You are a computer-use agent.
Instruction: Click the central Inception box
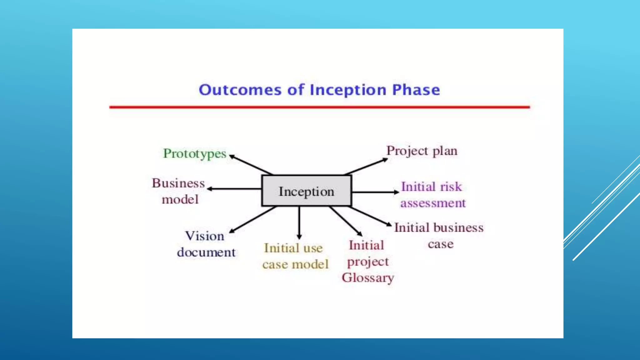pos(307,191)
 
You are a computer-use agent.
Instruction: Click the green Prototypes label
pos(195,153)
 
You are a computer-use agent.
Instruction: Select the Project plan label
pos(422,151)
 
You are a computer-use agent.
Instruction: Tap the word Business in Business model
pos(178,183)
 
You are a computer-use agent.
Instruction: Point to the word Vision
pos(205,236)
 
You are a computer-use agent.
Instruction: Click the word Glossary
pos(368,277)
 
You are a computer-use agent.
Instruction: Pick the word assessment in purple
pos(433,203)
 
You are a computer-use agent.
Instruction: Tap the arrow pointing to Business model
pos(234,189)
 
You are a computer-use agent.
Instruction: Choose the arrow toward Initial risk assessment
pos(375,192)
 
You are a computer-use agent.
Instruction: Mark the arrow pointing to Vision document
pos(252,220)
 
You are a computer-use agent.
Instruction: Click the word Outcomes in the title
pos(240,90)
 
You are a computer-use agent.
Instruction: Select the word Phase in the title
pos(416,90)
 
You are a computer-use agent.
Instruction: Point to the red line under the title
pos(319,107)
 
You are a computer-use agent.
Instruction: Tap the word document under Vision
pos(206,252)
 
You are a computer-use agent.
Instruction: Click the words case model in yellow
pos(295,264)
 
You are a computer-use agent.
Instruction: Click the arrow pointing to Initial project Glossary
pos(346,221)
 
